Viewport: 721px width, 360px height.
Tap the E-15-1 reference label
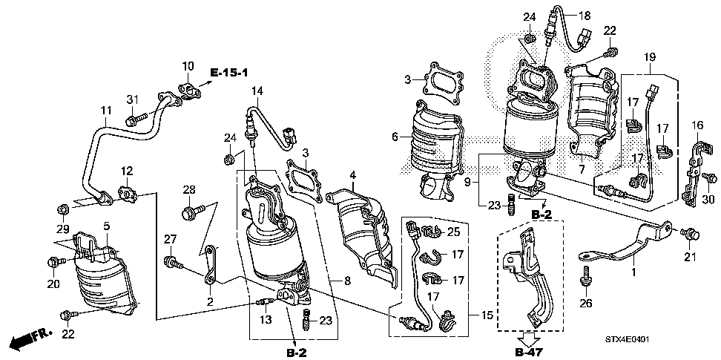coord(229,72)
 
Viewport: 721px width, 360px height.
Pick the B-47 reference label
coord(526,353)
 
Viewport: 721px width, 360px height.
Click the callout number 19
coord(649,57)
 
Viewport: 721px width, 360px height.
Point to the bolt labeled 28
coord(191,213)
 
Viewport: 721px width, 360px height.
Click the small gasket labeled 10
coord(188,90)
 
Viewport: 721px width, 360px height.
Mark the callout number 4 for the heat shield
coord(352,175)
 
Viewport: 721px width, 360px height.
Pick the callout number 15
coord(487,315)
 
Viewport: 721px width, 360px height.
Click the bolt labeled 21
coord(690,235)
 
